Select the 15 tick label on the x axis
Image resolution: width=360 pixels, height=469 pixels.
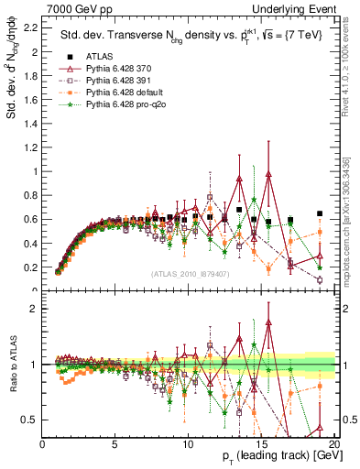[x=261, y=445]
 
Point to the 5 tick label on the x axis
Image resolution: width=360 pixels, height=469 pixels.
[x=115, y=445]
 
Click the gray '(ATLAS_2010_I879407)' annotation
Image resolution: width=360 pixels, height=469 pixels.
[x=190, y=274]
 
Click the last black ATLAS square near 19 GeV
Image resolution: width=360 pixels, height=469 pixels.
[x=320, y=213]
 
